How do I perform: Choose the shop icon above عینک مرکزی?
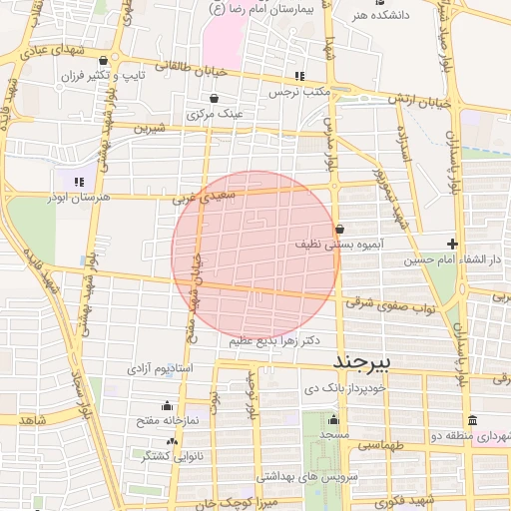(215, 98)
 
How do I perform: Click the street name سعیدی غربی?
(204, 198)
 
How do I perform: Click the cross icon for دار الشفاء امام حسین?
(452, 244)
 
